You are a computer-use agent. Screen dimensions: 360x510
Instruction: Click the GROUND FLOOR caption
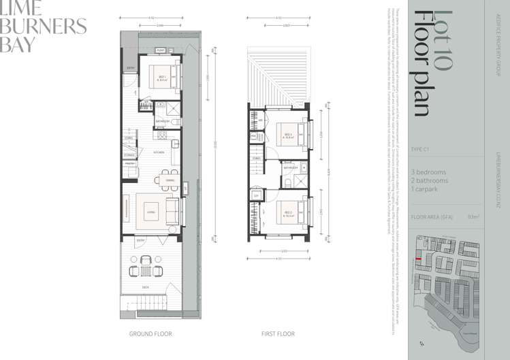tap(150, 334)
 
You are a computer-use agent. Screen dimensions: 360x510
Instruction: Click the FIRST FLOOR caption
tap(278, 334)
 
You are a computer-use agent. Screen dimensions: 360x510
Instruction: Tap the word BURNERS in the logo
tap(44, 27)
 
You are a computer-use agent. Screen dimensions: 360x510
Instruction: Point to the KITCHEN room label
tap(159, 152)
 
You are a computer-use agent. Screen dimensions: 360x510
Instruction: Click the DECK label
tap(146, 288)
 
